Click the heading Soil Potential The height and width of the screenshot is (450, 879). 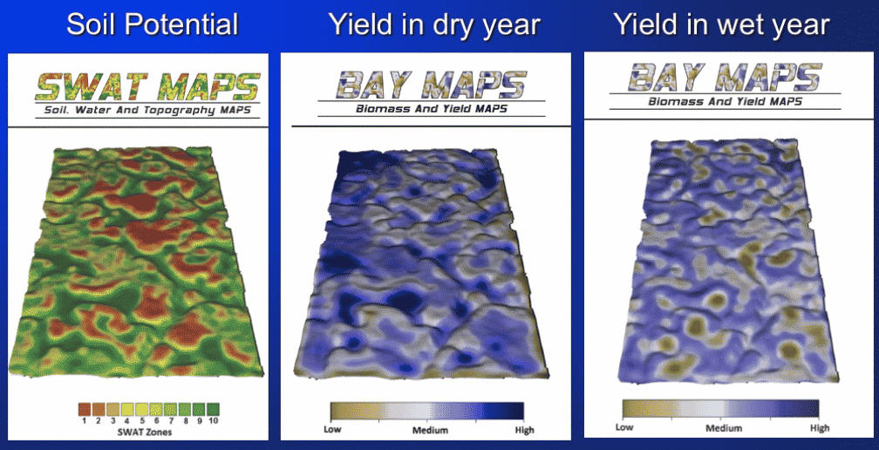click(x=153, y=24)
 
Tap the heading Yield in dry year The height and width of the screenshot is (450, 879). click(x=434, y=24)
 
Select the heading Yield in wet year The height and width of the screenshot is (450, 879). click(x=721, y=24)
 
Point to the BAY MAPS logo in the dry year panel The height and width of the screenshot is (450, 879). click(x=431, y=85)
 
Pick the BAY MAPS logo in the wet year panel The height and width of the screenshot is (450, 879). click(x=725, y=77)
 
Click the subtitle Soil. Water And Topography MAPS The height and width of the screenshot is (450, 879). click(x=148, y=111)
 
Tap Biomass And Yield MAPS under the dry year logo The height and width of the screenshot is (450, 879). click(x=431, y=109)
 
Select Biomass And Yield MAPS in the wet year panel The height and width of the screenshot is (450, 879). click(x=725, y=101)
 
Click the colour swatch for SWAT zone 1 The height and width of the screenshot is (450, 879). click(x=84, y=409)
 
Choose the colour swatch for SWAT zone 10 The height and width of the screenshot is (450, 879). click(x=213, y=409)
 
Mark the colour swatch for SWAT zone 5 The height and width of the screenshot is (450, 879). click(x=141, y=409)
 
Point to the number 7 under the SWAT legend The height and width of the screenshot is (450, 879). click(x=170, y=421)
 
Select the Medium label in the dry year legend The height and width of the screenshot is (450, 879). click(x=430, y=431)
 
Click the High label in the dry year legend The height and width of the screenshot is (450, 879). click(x=523, y=431)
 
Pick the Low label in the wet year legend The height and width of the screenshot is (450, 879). click(x=624, y=427)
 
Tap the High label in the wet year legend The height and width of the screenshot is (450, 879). click(x=820, y=428)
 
